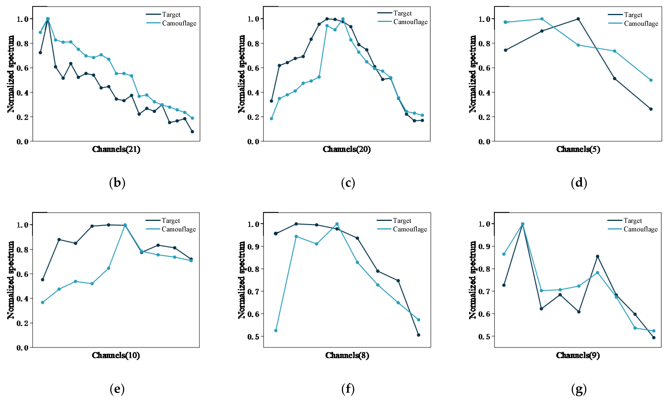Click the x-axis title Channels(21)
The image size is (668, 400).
pos(116,149)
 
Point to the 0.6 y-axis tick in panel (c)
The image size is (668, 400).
pos(253,68)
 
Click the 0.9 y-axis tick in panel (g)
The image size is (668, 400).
pos(484,246)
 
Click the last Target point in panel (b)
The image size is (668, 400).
pos(192,131)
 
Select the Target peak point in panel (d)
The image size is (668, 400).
pos(578,19)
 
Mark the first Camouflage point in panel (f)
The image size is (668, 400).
pos(276,330)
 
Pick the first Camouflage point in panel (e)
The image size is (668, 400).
pos(43,303)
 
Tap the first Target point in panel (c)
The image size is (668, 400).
pos(271,101)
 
